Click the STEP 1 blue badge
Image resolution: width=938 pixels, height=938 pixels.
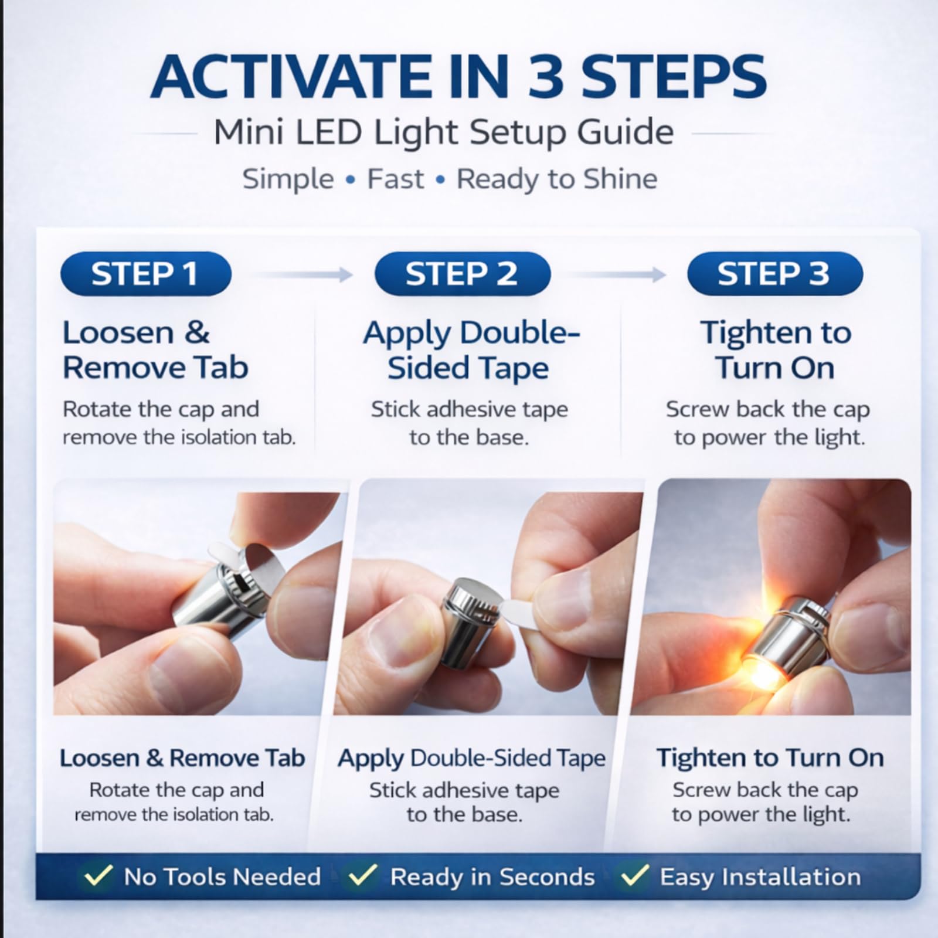(146, 273)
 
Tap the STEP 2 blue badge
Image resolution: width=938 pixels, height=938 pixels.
(463, 273)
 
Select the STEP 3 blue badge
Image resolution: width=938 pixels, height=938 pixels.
(775, 273)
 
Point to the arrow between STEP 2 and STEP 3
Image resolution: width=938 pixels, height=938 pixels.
(619, 274)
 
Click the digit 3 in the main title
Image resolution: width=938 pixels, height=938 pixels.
(546, 77)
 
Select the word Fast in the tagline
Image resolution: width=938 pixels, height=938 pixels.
(395, 179)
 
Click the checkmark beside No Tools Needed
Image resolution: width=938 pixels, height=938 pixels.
(98, 876)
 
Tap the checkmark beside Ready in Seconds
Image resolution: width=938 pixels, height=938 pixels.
(362, 876)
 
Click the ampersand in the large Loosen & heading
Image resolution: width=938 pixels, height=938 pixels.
(197, 332)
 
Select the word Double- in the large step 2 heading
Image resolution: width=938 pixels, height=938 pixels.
(520, 332)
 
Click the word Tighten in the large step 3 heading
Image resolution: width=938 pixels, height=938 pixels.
(753, 333)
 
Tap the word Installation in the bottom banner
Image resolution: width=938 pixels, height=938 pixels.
(790, 876)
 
